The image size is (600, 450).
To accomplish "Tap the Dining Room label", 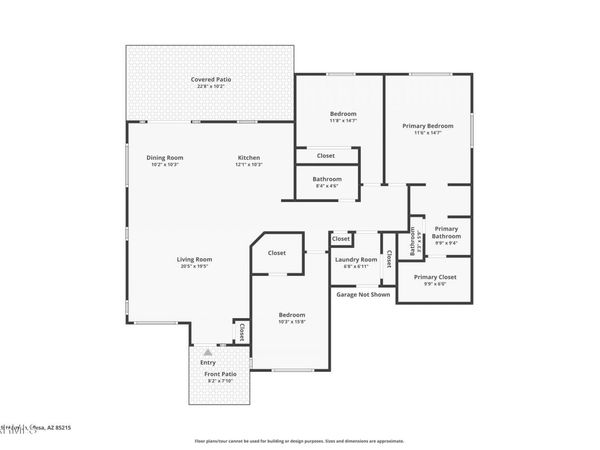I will click(x=165, y=157).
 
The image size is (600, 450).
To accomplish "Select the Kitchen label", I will click(x=249, y=157).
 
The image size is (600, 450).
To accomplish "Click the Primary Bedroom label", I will click(x=428, y=126).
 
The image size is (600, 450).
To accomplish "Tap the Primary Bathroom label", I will click(x=446, y=232).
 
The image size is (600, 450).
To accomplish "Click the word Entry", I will click(x=207, y=362).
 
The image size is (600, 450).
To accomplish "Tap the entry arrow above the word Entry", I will click(x=207, y=352).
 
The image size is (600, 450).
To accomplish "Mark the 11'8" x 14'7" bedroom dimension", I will click(x=343, y=120).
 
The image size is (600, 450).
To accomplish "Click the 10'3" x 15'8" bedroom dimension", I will click(x=292, y=322).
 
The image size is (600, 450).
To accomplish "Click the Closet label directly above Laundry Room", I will click(x=341, y=239).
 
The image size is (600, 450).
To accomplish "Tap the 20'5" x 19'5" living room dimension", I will click(x=196, y=266).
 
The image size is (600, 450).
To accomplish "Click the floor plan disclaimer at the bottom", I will click(x=299, y=440).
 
